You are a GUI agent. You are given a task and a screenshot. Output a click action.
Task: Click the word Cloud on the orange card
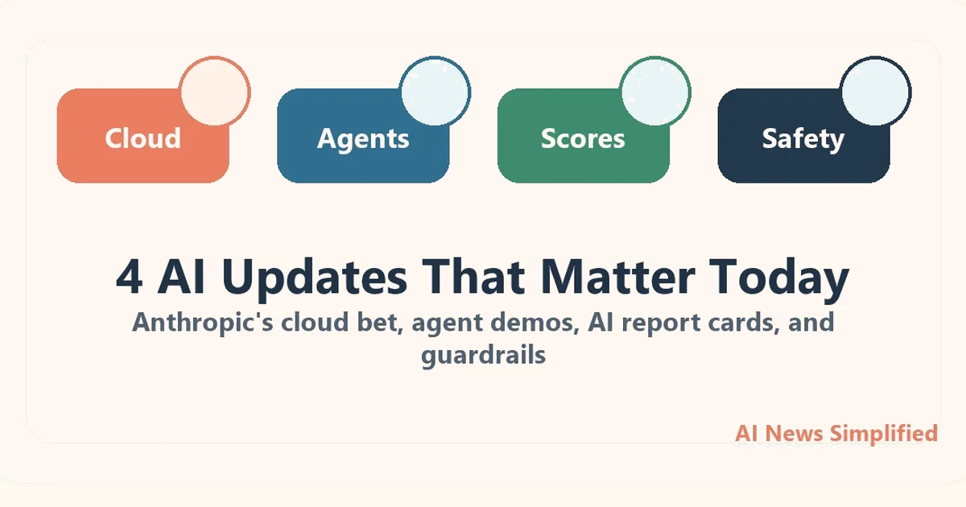click(142, 138)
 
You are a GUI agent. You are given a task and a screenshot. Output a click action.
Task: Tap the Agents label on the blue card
click(363, 138)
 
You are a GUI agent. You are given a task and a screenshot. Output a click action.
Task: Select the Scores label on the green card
click(583, 138)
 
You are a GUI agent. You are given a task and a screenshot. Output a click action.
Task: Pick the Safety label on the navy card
click(803, 138)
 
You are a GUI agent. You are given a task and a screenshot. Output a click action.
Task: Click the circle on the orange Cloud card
click(215, 92)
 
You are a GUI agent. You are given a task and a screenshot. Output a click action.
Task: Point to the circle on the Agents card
click(436, 92)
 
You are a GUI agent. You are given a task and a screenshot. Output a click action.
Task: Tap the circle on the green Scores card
click(655, 92)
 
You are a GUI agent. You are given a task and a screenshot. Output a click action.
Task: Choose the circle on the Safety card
click(875, 92)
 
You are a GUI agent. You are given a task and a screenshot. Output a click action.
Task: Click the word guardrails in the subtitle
click(483, 355)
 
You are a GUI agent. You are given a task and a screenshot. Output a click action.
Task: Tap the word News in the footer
click(794, 433)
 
